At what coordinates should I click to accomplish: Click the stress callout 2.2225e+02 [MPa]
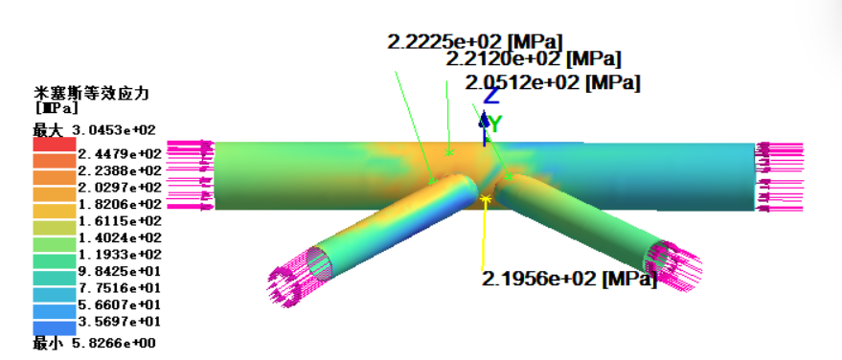(475, 42)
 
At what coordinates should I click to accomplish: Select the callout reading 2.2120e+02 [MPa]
(534, 58)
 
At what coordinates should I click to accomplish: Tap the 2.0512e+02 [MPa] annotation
(553, 83)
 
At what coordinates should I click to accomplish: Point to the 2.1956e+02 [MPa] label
(569, 279)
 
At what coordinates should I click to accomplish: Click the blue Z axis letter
(491, 96)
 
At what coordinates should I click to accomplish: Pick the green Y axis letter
(495, 124)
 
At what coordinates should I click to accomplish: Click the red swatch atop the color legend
(55, 145)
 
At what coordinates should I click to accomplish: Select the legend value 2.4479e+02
(120, 154)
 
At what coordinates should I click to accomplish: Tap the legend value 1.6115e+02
(120, 221)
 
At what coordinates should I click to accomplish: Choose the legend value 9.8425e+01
(120, 271)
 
